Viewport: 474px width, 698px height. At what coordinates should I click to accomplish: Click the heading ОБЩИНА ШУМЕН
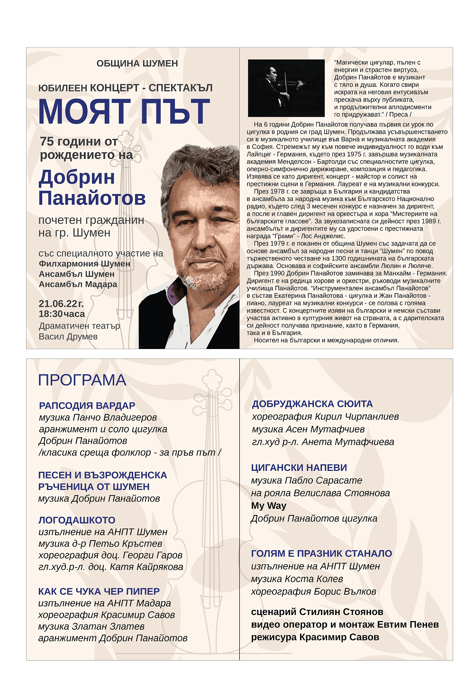click(137, 64)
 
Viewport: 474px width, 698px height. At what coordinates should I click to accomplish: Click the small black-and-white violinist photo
click(286, 88)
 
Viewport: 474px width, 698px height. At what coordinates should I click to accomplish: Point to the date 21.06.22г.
click(61, 303)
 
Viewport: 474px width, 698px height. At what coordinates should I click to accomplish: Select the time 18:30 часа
click(62, 314)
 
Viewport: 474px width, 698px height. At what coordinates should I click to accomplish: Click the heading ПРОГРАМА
click(82, 380)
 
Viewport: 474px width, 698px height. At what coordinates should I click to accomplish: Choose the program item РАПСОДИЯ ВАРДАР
click(87, 405)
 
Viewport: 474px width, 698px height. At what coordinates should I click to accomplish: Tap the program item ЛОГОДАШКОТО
click(77, 520)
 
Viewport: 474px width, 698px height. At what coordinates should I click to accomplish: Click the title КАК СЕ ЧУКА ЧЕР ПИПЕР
click(99, 591)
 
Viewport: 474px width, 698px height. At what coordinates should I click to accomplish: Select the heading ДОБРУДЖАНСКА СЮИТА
click(312, 404)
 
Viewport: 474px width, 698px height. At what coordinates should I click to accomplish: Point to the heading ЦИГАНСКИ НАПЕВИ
click(299, 468)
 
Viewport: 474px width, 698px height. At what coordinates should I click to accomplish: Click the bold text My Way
click(269, 505)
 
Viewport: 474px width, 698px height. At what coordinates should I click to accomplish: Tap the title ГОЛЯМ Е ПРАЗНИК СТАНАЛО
click(321, 553)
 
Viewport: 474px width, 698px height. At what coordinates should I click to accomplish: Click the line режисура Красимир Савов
click(315, 637)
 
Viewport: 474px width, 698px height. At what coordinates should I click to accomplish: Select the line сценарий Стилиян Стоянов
click(317, 612)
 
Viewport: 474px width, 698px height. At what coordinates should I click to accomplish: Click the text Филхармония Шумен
click(84, 264)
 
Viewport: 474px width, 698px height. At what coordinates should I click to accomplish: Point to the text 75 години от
click(79, 141)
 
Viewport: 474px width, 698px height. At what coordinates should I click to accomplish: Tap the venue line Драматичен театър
click(79, 326)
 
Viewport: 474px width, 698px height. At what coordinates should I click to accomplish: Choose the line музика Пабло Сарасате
click(307, 480)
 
